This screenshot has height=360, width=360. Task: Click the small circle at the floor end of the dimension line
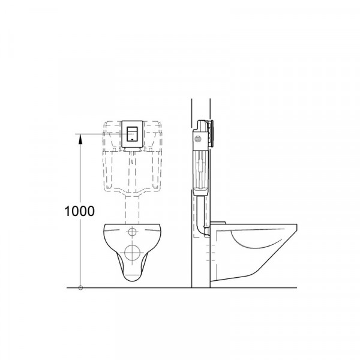point(80,287)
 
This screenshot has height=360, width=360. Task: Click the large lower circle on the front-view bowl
point(133,251)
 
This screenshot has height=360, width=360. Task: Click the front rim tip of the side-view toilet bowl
point(298,227)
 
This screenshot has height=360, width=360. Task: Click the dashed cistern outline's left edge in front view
point(106,156)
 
